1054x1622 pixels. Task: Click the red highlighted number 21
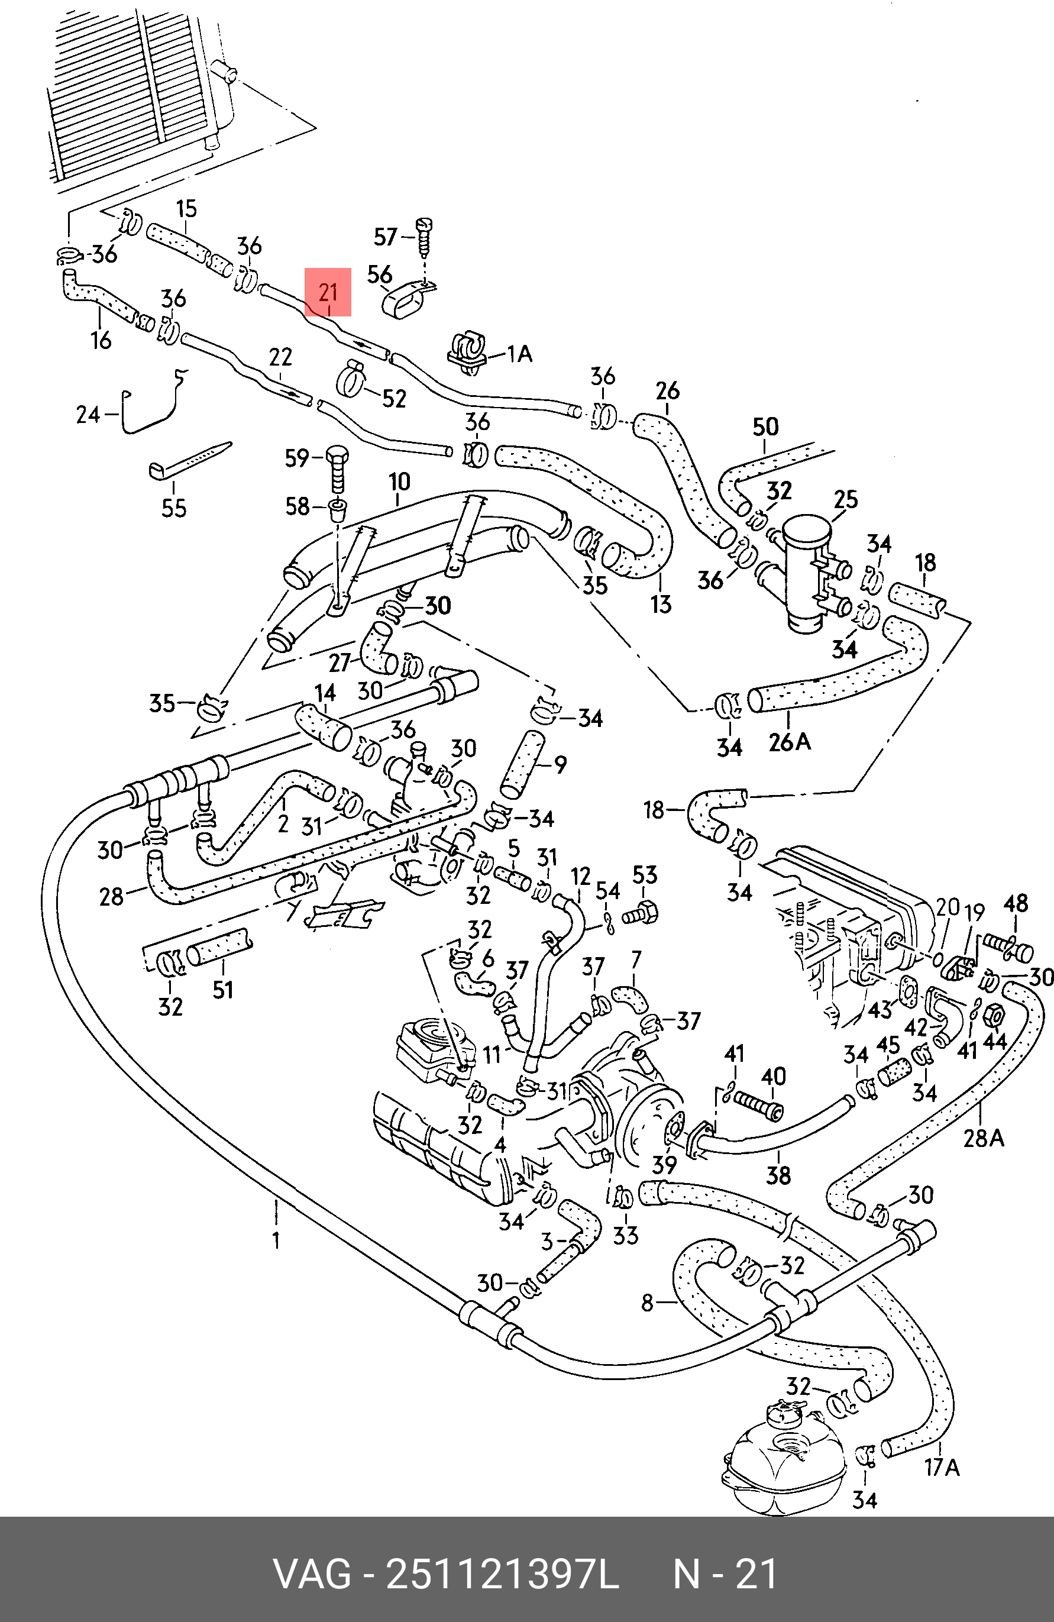pos(328,292)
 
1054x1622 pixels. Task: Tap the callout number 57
pos(386,237)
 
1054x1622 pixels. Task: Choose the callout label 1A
pos(519,354)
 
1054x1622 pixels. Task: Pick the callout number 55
pos(174,508)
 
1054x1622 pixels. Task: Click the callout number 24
pos(88,414)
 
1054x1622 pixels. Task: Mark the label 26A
pos(790,741)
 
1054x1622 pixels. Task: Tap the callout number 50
pos(765,427)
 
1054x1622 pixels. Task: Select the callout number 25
pos(846,499)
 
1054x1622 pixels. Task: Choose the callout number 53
pos(645,874)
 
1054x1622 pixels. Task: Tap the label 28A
pos(983,1138)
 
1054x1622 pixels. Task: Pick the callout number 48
pos(1015,904)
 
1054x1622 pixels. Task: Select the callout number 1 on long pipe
pos(276,1240)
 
